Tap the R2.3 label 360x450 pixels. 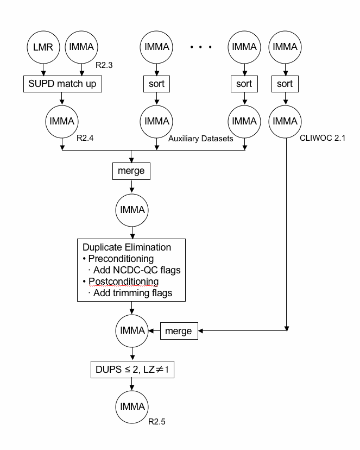click(x=104, y=65)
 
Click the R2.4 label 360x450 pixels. click(x=85, y=138)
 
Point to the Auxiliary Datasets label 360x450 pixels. click(x=201, y=139)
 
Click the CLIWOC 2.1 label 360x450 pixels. click(x=323, y=138)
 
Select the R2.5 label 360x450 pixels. click(x=157, y=422)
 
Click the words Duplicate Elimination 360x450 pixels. click(x=127, y=247)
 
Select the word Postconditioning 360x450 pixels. click(x=124, y=282)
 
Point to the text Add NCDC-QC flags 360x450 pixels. click(x=137, y=270)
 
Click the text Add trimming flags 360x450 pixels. click(x=132, y=293)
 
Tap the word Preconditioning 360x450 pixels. click(x=121, y=259)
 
